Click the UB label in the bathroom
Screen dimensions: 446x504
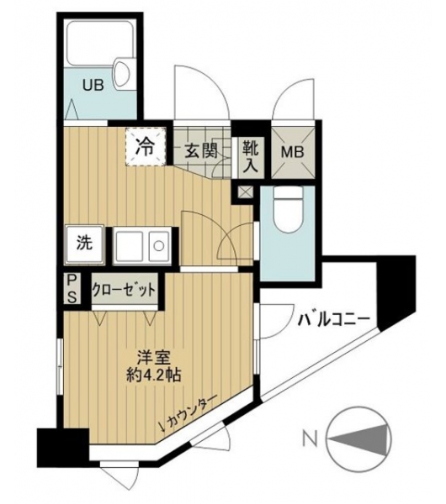(x=93, y=86)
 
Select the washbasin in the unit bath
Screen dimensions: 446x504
(x=122, y=73)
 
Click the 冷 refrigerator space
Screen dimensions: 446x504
(x=146, y=147)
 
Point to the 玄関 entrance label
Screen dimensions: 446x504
(x=201, y=150)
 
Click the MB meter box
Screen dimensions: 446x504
(x=293, y=152)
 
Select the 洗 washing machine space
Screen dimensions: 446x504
(x=85, y=245)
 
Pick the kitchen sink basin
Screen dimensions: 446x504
(x=129, y=246)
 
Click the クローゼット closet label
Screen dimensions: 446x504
(x=125, y=291)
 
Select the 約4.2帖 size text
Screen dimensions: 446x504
(x=153, y=375)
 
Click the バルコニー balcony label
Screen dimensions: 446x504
(x=333, y=321)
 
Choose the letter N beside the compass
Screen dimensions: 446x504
(x=311, y=440)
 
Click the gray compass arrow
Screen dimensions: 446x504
(x=358, y=440)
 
